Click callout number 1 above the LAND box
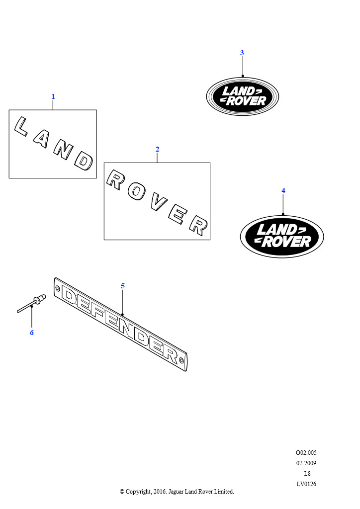[x=53, y=96]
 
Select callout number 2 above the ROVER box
[x=158, y=149]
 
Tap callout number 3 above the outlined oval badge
[x=242, y=53]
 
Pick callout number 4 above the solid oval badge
[x=283, y=190]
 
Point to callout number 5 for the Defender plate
[x=123, y=286]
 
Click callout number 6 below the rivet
[x=32, y=333]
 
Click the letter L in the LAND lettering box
[x=20, y=127]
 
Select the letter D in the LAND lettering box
[x=84, y=161]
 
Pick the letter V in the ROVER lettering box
[x=159, y=203]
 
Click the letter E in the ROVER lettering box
[x=178, y=215]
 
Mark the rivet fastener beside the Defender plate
[x=31, y=304]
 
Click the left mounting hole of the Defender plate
[x=58, y=288]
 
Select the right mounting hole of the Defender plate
[x=181, y=360]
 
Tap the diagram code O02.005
[x=306, y=452]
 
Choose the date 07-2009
[x=306, y=463]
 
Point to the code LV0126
[x=306, y=484]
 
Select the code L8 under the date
[x=307, y=473]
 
